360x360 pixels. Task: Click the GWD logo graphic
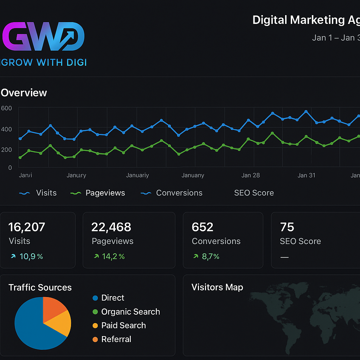click(43, 37)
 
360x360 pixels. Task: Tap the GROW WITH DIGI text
click(44, 63)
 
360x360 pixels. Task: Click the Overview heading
click(24, 93)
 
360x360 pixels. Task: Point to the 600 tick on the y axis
click(6, 108)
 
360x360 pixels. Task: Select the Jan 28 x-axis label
click(251, 175)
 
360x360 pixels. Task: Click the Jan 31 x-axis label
click(306, 175)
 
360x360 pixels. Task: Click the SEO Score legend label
click(254, 193)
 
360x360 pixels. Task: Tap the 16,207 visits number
click(27, 227)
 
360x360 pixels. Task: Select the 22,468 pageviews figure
click(111, 227)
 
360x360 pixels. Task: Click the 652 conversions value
click(202, 227)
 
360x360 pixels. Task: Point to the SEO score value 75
click(287, 227)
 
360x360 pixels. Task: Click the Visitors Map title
click(217, 287)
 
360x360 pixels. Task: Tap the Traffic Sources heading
click(40, 288)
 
